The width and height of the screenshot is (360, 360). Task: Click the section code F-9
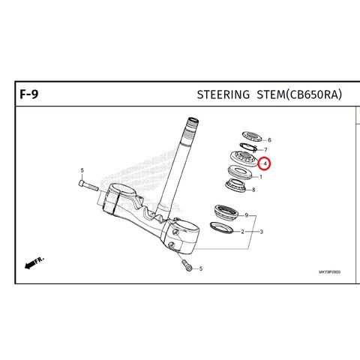click(29, 94)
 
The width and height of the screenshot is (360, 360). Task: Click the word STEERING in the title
click(223, 94)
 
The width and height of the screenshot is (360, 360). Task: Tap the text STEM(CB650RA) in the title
click(299, 94)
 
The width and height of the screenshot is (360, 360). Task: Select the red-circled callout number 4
click(265, 163)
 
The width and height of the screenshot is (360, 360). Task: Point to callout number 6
click(269, 140)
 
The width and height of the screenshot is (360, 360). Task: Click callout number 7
click(265, 150)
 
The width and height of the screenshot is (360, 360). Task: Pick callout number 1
click(261, 177)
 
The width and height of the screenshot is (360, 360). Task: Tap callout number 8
click(253, 190)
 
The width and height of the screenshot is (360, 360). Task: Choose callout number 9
click(247, 215)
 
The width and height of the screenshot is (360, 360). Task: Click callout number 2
click(242, 232)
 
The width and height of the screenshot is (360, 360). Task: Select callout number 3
click(261, 232)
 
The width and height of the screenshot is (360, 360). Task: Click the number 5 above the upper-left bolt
click(82, 170)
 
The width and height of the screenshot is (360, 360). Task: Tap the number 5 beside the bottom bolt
click(201, 268)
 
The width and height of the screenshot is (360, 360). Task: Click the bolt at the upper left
click(88, 186)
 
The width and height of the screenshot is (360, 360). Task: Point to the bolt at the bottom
click(187, 265)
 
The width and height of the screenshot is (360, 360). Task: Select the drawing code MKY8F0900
click(329, 272)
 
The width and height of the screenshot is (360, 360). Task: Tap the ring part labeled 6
click(252, 136)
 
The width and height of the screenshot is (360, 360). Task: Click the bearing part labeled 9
click(226, 212)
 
